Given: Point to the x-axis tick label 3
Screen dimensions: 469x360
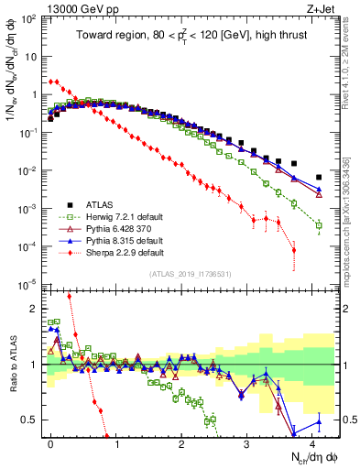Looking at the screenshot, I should click(x=246, y=442).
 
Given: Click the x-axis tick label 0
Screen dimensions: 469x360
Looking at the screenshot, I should click(x=50, y=442).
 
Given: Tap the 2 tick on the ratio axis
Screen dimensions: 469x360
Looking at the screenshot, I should click(x=33, y=310).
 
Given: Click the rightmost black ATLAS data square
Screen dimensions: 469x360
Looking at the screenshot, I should click(x=319, y=177).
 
